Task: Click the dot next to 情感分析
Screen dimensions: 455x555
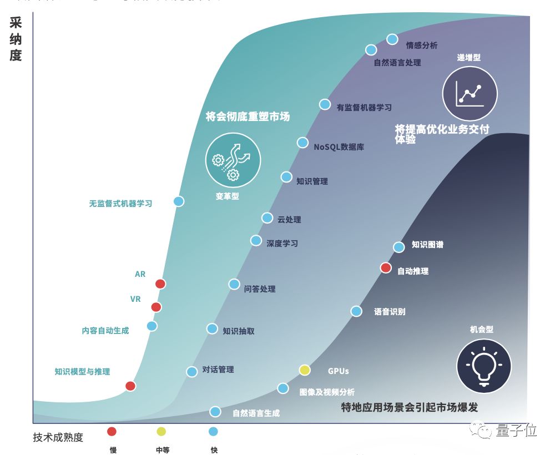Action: [x=392, y=39]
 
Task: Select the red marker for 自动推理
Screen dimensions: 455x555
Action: [x=386, y=268]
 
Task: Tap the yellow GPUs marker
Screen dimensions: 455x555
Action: [x=304, y=370]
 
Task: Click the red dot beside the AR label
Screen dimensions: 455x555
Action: [x=160, y=284]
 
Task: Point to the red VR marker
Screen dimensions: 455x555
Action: [x=157, y=307]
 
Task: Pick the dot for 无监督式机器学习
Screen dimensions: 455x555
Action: [x=179, y=201]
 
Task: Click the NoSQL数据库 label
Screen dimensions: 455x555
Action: [x=339, y=147]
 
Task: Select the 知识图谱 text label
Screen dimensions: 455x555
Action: [x=427, y=244]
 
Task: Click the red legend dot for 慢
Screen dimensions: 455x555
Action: [x=112, y=431]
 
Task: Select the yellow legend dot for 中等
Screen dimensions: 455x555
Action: [x=162, y=431]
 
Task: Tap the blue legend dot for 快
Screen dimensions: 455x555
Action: [x=213, y=431]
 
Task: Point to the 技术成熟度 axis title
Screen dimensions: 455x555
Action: [x=58, y=437]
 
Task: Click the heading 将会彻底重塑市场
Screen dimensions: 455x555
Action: [x=248, y=117]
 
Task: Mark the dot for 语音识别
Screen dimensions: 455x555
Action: [x=356, y=311]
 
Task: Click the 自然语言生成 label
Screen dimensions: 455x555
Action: [x=256, y=413]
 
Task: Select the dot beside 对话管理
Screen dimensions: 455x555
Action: [x=192, y=372]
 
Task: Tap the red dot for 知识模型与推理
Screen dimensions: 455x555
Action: [x=130, y=386]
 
